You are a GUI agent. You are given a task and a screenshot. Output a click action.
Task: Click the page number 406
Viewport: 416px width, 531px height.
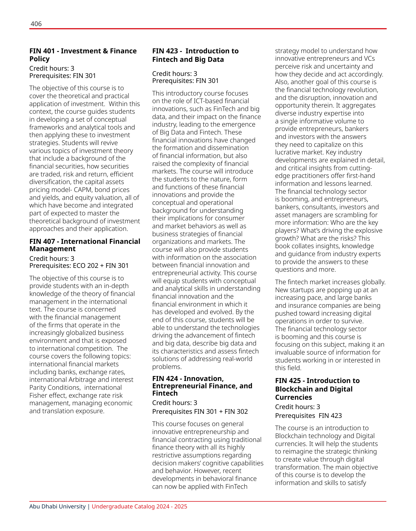[x=36, y=24]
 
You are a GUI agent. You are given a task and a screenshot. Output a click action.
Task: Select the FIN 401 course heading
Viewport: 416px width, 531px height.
[x=83, y=55]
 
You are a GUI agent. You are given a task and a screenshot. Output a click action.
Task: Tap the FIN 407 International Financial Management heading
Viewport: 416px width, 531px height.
[x=85, y=245]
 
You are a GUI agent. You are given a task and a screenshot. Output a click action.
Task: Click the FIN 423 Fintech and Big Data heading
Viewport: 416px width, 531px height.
[x=195, y=55]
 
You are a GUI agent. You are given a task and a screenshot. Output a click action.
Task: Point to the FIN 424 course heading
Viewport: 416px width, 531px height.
[x=202, y=386]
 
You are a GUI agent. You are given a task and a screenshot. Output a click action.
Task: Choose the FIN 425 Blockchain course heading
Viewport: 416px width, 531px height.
[x=317, y=389]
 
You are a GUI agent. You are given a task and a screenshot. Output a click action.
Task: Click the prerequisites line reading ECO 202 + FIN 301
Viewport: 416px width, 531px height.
[x=79, y=265]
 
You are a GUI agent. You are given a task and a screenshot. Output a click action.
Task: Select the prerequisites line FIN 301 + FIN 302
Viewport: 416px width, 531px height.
[x=200, y=411]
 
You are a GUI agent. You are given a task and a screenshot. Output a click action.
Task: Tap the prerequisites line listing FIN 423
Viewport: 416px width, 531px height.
[x=308, y=416]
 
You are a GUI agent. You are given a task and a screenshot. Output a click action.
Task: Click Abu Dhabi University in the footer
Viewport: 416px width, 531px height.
[x=58, y=506]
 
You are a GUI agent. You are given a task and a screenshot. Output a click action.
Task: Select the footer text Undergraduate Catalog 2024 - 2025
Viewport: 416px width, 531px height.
[x=139, y=506]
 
